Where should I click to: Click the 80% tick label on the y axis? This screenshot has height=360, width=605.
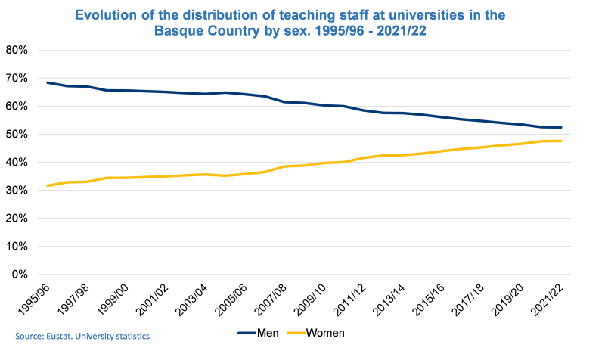pos(17,50)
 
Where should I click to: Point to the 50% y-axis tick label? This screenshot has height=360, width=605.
pos(17,134)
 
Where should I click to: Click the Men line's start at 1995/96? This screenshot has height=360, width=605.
pos(48,82)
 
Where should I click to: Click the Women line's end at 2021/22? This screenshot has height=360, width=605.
pos(561,141)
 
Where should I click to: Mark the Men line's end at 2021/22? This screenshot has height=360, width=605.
pos(561,127)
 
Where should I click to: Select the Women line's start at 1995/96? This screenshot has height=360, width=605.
pos(48,185)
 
